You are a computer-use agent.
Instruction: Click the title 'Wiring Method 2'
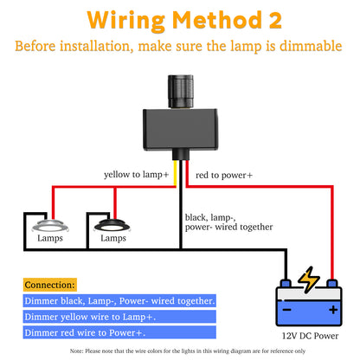[179, 19]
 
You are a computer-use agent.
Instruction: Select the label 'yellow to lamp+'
[137, 175]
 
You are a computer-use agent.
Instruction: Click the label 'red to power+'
[224, 175]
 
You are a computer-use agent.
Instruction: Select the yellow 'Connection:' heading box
[50, 284]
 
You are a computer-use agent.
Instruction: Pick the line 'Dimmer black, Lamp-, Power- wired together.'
[120, 300]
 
